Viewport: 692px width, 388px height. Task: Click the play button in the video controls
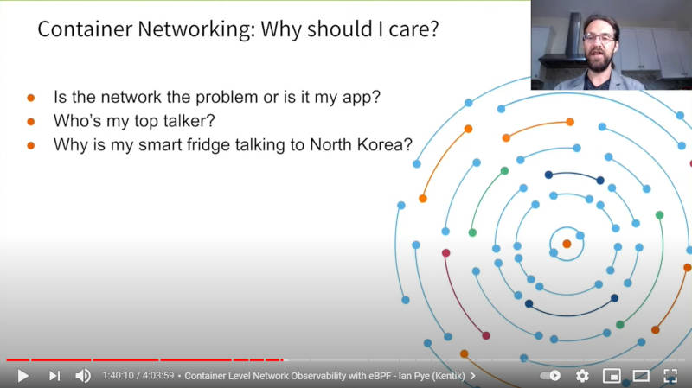click(23, 376)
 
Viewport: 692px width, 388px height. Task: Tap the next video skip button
click(54, 376)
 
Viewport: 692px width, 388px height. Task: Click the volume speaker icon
click(83, 376)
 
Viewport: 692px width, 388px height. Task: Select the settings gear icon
click(582, 376)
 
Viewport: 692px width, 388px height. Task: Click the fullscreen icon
click(670, 376)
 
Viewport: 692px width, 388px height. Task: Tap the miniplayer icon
click(612, 376)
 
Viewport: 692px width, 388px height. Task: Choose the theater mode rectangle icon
click(641, 376)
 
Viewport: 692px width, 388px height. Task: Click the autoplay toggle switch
click(550, 376)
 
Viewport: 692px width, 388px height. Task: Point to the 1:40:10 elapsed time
click(118, 376)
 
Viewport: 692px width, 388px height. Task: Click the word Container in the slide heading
click(85, 29)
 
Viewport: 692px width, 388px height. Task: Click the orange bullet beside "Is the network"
click(31, 98)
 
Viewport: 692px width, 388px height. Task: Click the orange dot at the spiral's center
click(567, 244)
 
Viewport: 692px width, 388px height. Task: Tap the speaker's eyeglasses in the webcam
click(599, 38)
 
